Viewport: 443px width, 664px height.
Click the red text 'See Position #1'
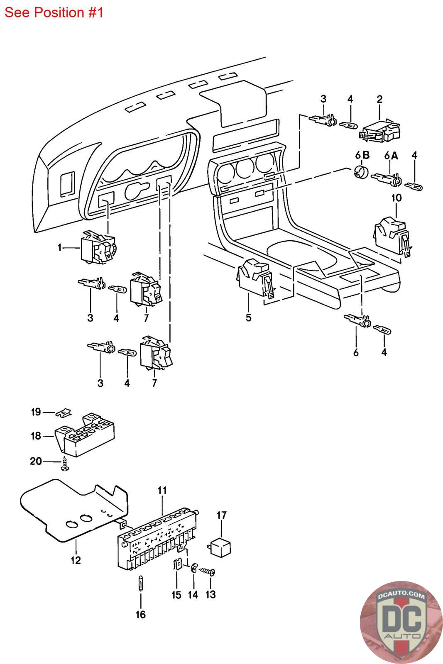pos(54,12)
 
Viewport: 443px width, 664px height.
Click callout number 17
pos(222,515)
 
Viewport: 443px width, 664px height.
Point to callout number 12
pos(76,560)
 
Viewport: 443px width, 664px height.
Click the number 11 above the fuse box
pos(162,490)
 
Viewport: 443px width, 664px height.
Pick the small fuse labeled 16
pos(141,583)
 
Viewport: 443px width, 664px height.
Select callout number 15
pos(176,594)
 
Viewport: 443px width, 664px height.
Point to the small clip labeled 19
pos(64,413)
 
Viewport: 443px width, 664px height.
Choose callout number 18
pos(36,436)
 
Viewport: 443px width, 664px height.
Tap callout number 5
pos(248,317)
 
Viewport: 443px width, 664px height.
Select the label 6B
pos(362,155)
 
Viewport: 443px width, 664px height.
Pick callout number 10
pos(396,198)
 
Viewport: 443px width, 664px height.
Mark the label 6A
pos(391,155)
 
